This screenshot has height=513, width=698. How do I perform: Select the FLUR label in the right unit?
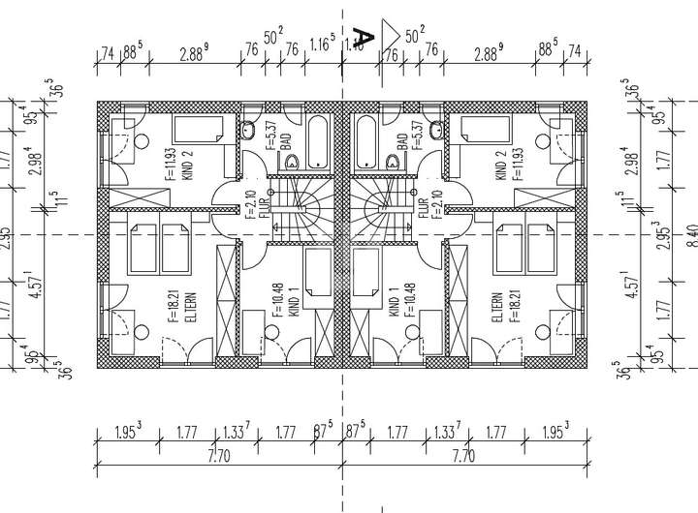(424, 205)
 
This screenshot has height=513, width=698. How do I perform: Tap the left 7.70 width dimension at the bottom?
(222, 456)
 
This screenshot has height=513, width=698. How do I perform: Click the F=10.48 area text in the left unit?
(277, 300)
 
